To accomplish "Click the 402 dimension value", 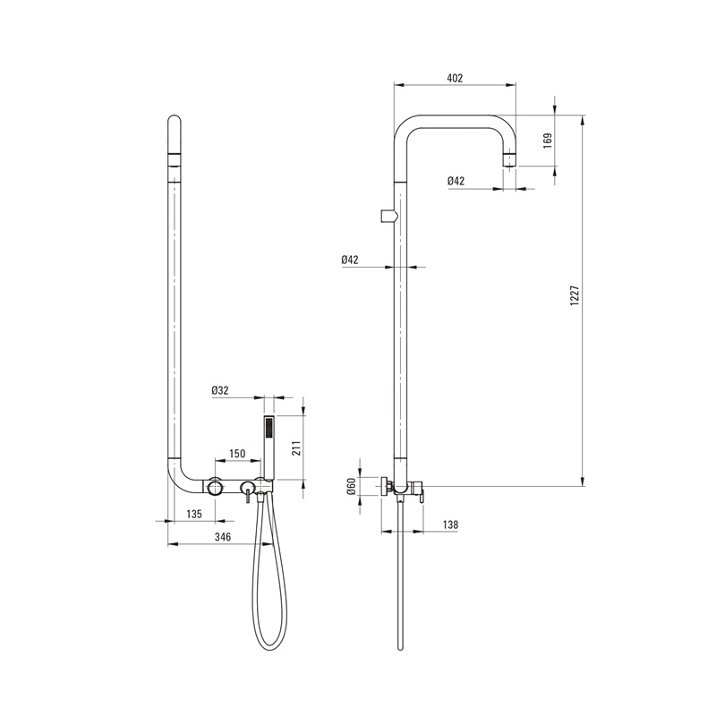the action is [455, 78].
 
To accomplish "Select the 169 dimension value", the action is [548, 140].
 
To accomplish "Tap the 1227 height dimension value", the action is [575, 296].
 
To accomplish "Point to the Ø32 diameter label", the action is [219, 390].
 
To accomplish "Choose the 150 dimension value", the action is [237, 454].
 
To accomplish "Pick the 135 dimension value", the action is [194, 514].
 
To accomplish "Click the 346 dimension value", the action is [223, 537].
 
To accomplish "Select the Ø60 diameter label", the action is [351, 486].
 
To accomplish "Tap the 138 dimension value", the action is [450, 524].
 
